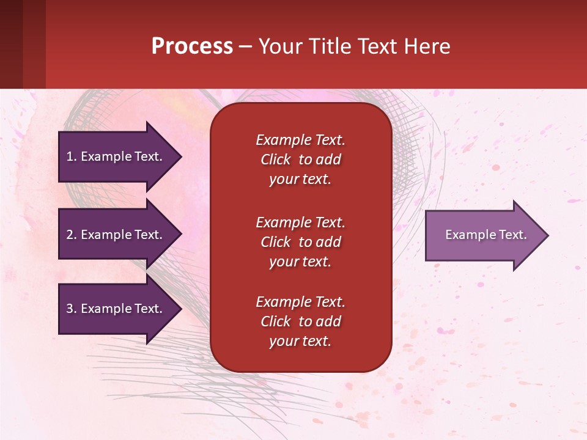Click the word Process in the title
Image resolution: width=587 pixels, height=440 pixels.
pos(192,46)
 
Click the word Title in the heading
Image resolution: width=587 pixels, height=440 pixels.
pos(330,46)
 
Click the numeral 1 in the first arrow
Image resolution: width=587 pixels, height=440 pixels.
pos(69,156)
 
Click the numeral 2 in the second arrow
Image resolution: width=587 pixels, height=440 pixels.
pos(69,235)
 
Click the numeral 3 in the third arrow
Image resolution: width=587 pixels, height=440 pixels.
pos(69,309)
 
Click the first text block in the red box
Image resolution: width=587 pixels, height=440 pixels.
pos(300,159)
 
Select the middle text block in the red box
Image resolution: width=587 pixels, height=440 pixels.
pos(300,242)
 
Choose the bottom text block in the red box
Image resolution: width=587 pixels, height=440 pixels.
pos(300,321)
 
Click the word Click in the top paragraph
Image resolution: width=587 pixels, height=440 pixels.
pos(276,159)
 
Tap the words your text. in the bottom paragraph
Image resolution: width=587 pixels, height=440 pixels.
pos(300,342)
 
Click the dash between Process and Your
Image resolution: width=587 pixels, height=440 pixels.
pos(246,47)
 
